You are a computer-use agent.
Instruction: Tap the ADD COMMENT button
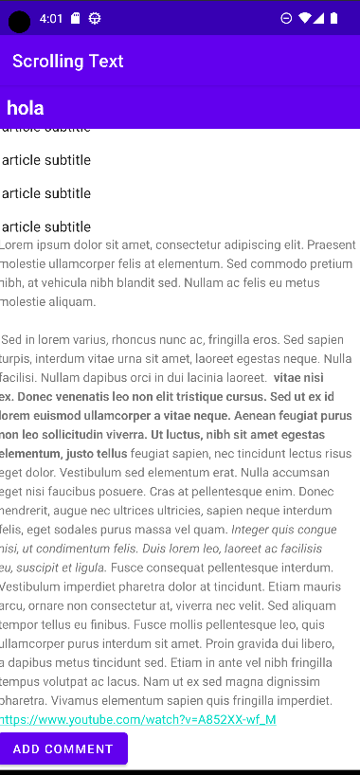click(63, 748)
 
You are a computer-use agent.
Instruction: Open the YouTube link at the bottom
click(138, 720)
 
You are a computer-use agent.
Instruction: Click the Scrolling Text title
click(68, 62)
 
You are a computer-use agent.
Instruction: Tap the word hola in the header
click(26, 108)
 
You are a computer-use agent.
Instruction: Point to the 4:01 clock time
click(51, 18)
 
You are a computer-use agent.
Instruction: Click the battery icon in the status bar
click(334, 18)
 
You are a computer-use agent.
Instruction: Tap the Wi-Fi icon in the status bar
click(303, 18)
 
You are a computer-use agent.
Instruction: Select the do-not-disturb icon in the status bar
click(286, 18)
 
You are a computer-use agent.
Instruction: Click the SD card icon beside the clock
click(76, 18)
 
